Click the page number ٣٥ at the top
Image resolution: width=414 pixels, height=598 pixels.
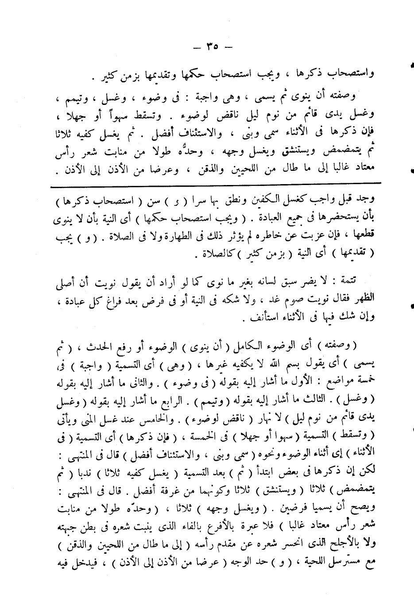coord(212,46)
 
